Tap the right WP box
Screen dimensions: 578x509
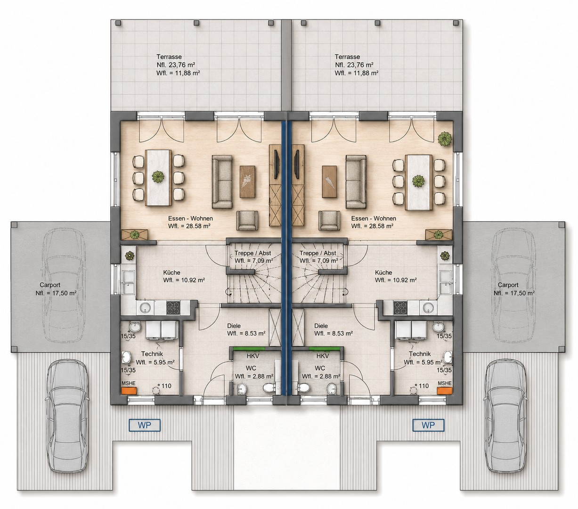pyautogui.click(x=428, y=425)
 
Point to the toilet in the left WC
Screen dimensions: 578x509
pyautogui.click(x=269, y=388)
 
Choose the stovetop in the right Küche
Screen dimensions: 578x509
pyautogui.click(x=400, y=308)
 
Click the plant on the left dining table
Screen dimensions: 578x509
pyautogui.click(x=158, y=177)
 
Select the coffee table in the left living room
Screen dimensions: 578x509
pyautogui.click(x=247, y=181)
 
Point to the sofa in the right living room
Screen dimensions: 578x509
pyautogui.click(x=356, y=181)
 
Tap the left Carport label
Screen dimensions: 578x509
pyautogui.click(x=50, y=285)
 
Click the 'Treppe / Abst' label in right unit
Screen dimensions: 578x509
pyautogui.click(x=317, y=253)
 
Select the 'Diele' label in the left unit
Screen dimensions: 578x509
pyautogui.click(x=234, y=326)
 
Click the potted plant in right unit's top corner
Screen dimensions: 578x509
pyautogui.click(x=445, y=140)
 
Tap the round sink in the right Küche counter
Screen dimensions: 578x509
pyautogui.click(x=428, y=308)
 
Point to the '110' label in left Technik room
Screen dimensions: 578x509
pyautogui.click(x=167, y=386)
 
